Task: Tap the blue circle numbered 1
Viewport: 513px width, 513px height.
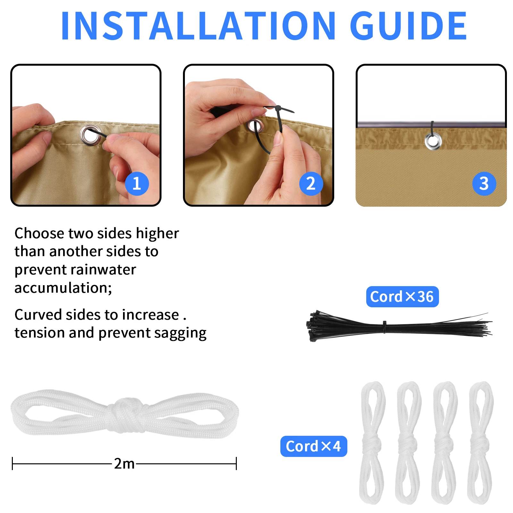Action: coord(137,184)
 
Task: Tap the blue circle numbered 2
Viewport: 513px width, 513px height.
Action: coord(311,184)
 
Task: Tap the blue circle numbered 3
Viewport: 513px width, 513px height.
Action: coord(484,184)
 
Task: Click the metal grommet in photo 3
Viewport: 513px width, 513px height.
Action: coord(433,141)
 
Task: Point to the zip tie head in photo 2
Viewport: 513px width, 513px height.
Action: coord(277,108)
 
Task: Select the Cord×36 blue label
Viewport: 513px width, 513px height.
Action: coord(402,297)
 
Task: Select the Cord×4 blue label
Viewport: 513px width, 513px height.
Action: coord(313,446)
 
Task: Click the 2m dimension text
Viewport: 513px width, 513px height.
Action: coord(124,464)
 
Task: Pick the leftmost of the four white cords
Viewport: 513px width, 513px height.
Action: coord(372,442)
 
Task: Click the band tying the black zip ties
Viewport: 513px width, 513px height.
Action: coord(385,327)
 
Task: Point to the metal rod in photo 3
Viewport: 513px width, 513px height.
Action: coord(394,124)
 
